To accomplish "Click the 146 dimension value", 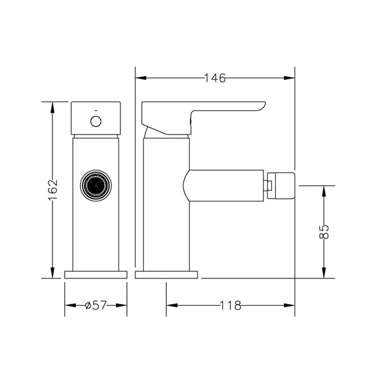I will [x=214, y=78].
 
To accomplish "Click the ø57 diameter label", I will [x=96, y=306].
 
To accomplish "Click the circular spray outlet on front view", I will [x=95, y=188].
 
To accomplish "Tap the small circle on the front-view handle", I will [x=96, y=121].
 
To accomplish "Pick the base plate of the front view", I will [x=95, y=274].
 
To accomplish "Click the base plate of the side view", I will [x=166, y=274].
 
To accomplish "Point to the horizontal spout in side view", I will [x=223, y=186].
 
